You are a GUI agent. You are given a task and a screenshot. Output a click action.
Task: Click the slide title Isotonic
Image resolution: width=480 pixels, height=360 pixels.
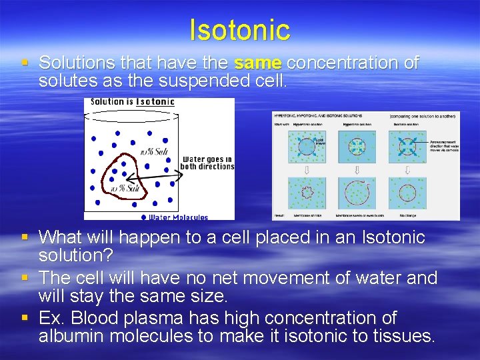coord(239,30)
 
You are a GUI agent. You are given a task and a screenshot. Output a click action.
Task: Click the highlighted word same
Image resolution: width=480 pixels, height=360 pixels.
coord(258,63)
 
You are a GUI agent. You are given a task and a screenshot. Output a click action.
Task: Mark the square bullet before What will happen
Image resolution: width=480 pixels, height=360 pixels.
coord(25,237)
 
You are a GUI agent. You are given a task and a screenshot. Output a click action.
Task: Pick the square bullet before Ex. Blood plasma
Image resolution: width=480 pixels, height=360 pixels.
coord(25,318)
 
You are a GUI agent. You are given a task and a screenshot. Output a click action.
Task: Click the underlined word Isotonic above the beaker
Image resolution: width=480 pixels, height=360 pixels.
coord(155,102)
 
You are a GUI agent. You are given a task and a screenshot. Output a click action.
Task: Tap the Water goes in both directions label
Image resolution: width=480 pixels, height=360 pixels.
coord(207,163)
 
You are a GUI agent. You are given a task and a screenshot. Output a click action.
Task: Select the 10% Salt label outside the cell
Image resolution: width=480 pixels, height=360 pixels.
coord(153,151)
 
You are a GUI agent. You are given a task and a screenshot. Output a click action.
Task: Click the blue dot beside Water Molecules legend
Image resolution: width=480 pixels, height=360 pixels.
coord(143,217)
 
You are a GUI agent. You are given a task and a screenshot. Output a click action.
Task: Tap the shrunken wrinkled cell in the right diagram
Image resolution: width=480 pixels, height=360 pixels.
coord(307,193)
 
